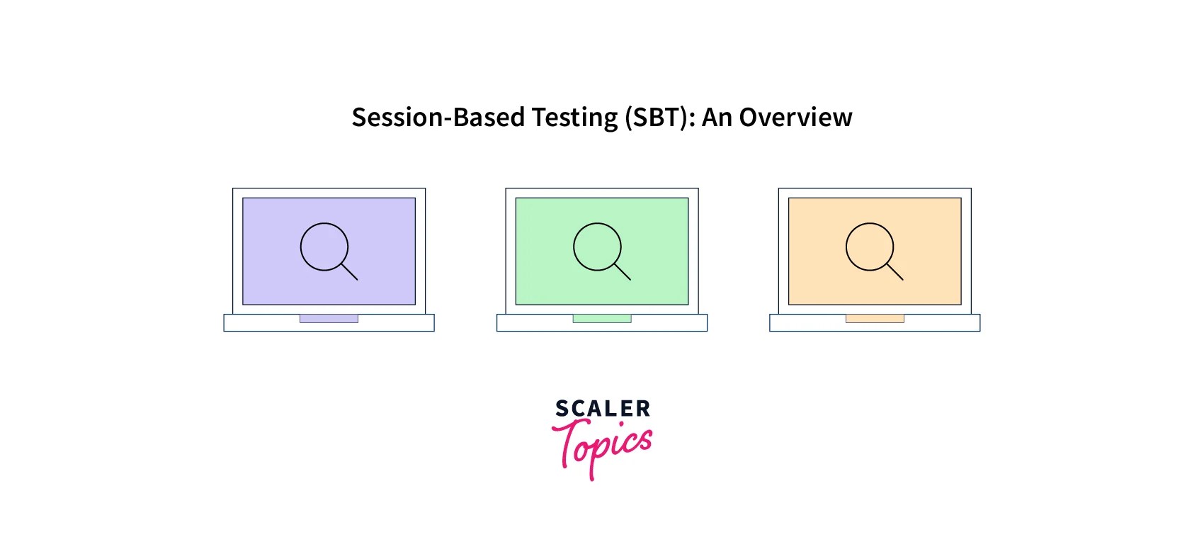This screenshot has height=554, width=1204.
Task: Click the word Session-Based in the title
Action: [x=438, y=118]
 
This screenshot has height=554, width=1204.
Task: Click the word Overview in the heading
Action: [x=795, y=118]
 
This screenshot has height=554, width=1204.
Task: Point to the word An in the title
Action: [x=717, y=118]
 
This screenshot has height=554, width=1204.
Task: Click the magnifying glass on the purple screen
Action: [x=325, y=247]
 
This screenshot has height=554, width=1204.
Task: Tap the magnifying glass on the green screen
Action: [x=598, y=247]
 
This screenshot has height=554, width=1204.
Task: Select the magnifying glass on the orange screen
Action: [x=870, y=247]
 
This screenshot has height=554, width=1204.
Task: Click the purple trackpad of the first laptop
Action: [x=329, y=319]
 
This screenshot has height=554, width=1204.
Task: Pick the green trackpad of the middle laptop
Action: [x=602, y=319]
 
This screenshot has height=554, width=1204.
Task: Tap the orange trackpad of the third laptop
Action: [x=875, y=319]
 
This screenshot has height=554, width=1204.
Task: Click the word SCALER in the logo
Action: [x=603, y=409]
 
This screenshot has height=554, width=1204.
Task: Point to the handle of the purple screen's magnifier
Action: [x=350, y=272]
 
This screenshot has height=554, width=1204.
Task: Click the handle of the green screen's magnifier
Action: [x=623, y=272]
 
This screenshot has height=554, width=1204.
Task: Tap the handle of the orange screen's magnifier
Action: [x=895, y=272]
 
